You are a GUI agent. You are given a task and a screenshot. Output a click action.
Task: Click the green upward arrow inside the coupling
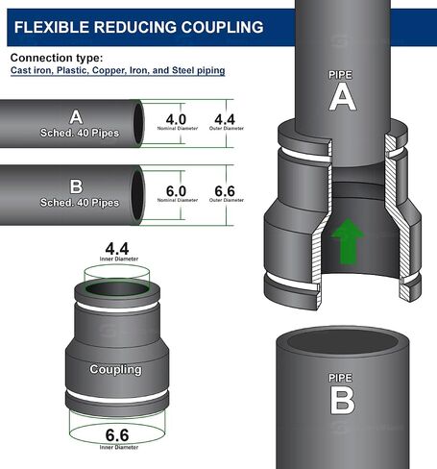(348, 241)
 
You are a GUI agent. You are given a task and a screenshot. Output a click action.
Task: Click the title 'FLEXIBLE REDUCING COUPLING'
(138, 27)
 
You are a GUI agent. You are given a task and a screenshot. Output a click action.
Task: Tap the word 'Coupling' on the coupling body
(115, 369)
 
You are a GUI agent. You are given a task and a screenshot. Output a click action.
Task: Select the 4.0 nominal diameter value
(176, 120)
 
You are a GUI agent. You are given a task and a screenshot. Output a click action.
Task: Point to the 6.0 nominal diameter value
(176, 191)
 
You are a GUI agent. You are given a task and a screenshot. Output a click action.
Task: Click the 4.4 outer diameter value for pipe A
(225, 120)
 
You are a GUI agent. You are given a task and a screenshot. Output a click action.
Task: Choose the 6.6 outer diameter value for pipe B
(225, 191)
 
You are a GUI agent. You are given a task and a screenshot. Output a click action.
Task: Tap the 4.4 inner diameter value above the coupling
(117, 249)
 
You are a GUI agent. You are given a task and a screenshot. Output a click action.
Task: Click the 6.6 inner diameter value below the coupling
(117, 435)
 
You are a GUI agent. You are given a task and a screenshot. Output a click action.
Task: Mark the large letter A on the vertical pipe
(343, 97)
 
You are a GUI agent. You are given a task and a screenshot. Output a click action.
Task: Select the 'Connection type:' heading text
(57, 58)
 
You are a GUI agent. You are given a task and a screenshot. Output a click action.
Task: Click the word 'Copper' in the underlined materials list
(109, 70)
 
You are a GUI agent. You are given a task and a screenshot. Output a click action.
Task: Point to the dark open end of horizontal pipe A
(138, 123)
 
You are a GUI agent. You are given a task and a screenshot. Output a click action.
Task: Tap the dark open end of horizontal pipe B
(137, 195)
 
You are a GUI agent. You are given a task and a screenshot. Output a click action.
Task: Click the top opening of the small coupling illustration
(117, 289)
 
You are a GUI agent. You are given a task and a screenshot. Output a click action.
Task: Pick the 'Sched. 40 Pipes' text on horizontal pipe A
(80, 133)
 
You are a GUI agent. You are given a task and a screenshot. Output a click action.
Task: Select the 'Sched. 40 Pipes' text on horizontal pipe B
(80, 203)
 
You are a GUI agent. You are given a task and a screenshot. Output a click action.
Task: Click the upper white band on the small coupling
(117, 308)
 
